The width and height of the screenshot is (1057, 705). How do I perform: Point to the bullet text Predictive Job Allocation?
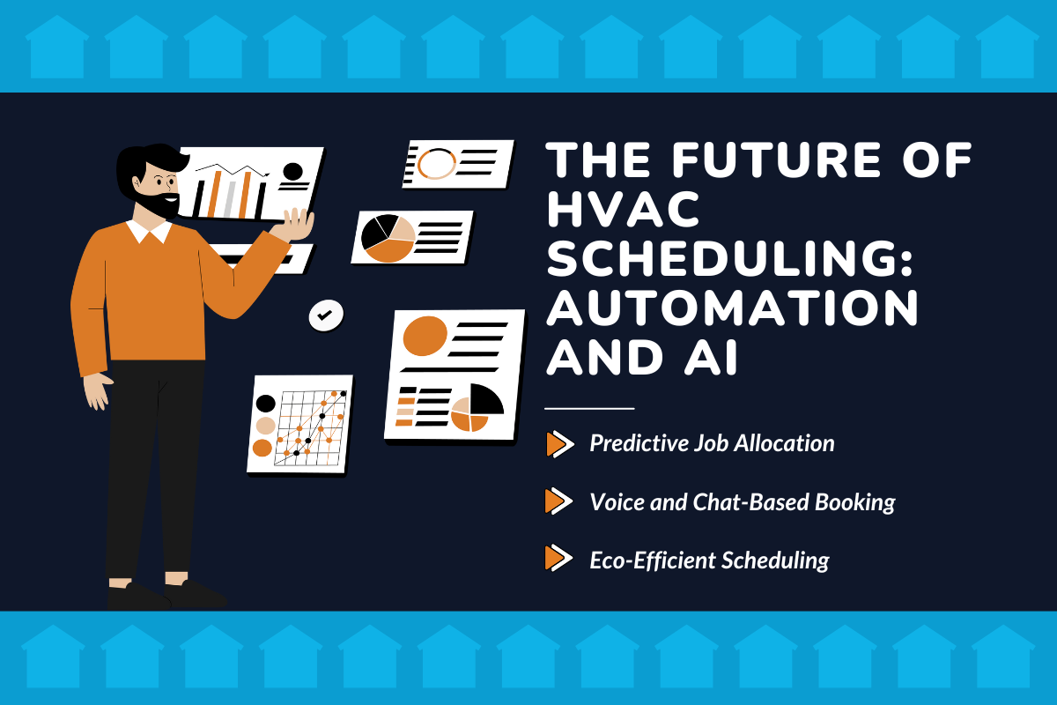tap(712, 443)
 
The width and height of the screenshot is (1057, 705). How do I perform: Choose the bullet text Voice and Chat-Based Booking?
tap(742, 502)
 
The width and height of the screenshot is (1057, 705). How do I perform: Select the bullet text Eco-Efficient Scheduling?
tap(709, 560)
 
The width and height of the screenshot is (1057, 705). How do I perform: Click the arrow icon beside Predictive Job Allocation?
tap(556, 444)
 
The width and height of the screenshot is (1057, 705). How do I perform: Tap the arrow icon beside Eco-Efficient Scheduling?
tap(556, 559)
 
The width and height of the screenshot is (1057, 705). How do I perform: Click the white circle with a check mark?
tap(326, 315)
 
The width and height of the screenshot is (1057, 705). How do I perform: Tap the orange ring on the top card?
tap(435, 164)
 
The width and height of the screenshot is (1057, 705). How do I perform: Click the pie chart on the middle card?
tap(388, 237)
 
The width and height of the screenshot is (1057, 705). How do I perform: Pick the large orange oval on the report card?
tap(425, 335)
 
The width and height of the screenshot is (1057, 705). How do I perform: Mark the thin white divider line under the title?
tap(589, 409)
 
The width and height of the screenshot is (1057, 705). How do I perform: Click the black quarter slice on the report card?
tap(486, 400)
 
